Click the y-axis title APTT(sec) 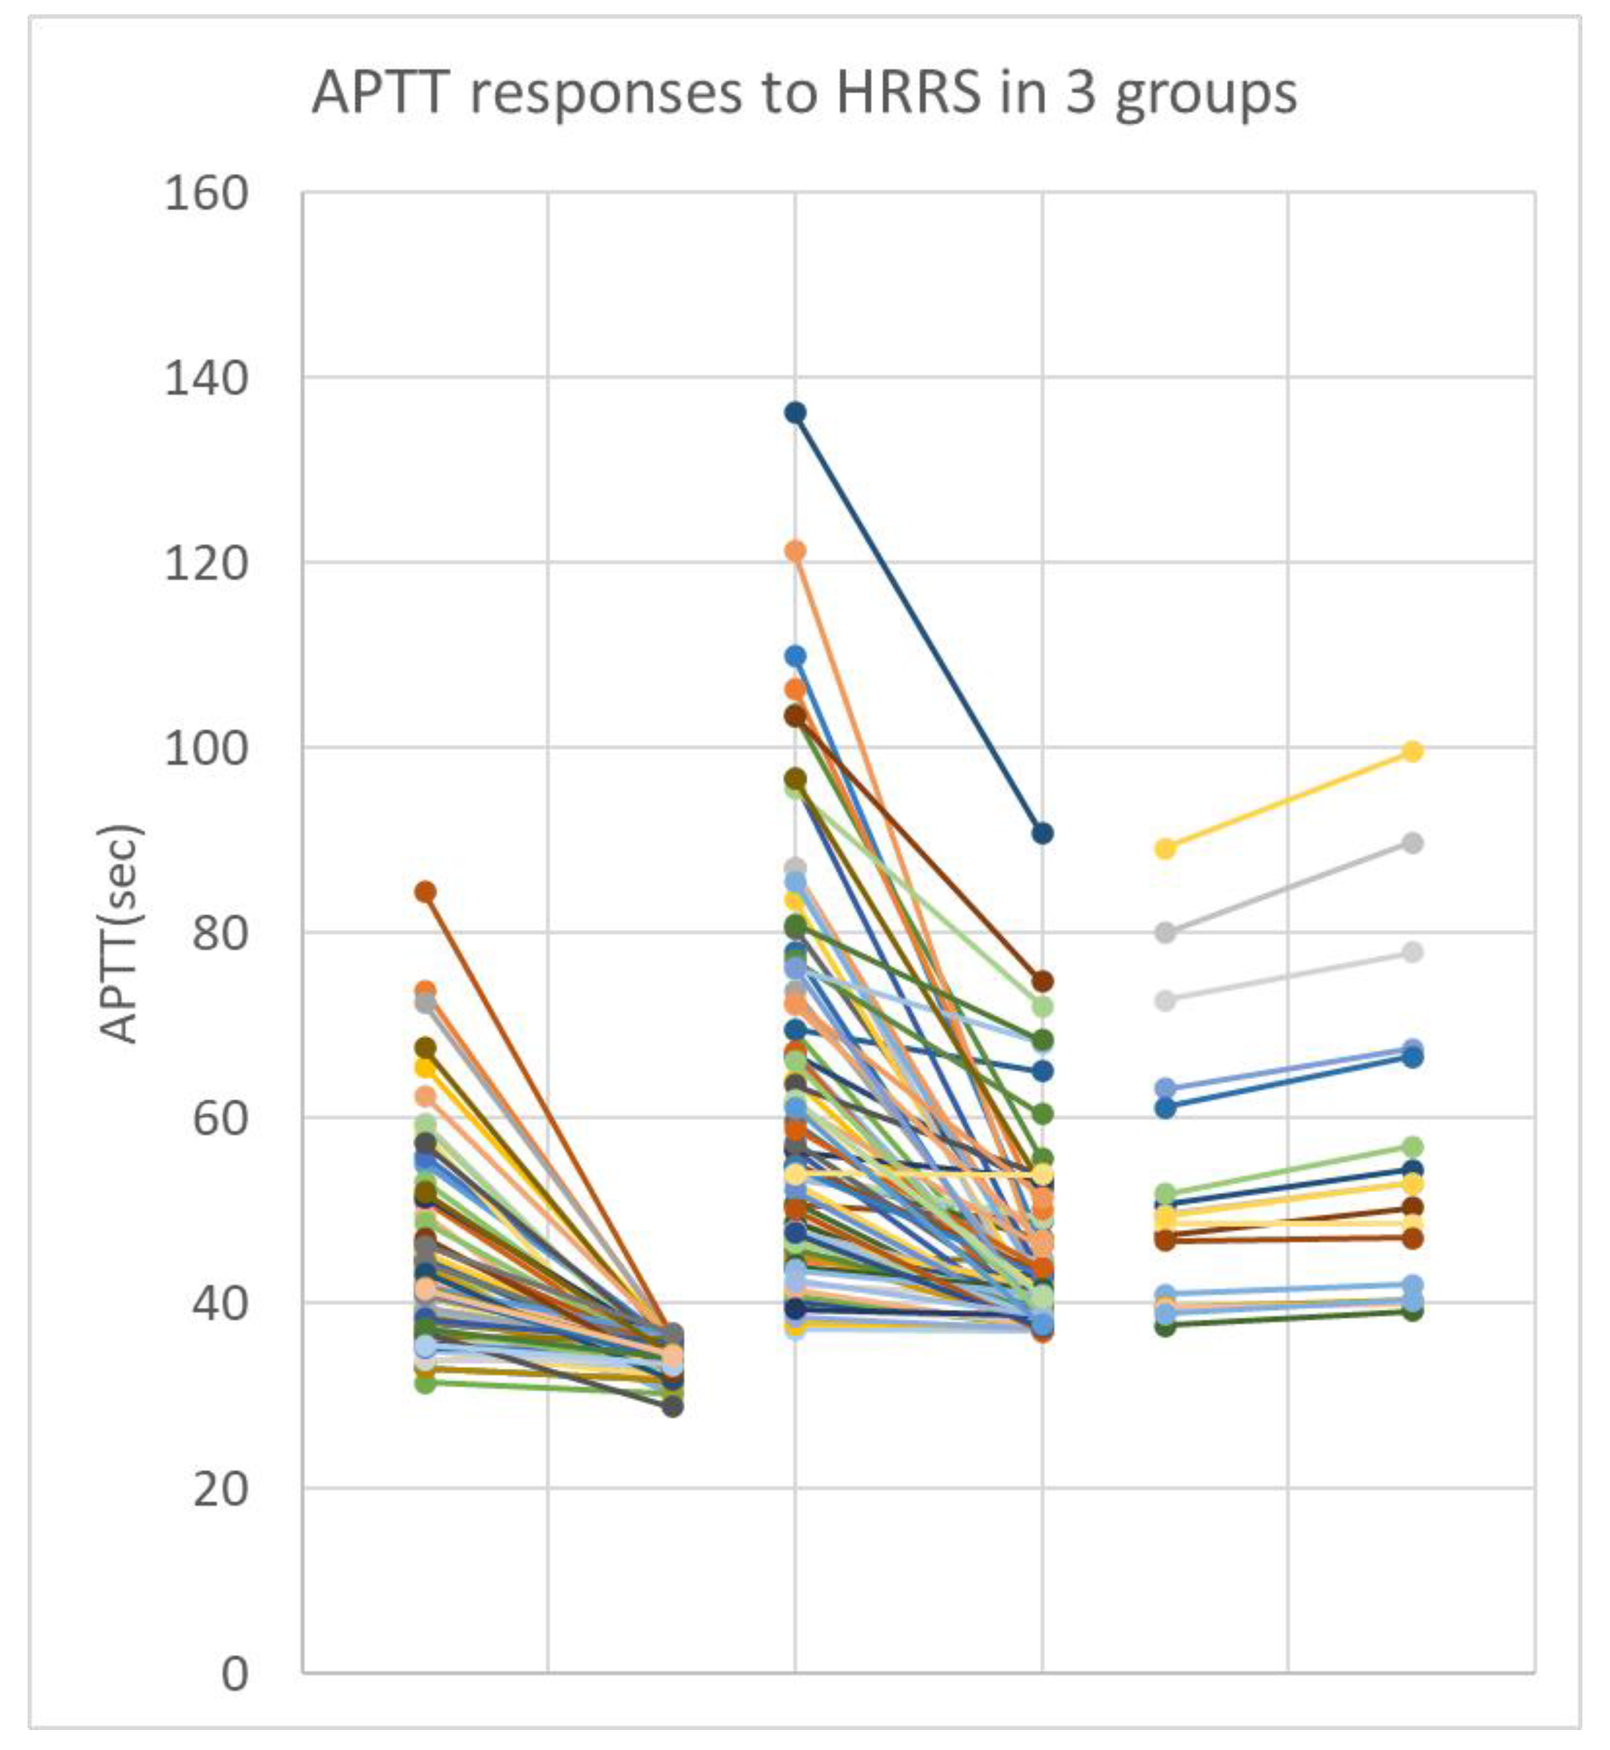120,934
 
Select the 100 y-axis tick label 206,748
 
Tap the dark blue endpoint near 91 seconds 1042,834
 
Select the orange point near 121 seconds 795,551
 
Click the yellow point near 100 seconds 1412,751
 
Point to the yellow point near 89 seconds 1165,849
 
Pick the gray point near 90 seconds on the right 1412,843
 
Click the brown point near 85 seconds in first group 425,892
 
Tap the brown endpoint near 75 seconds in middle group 1042,981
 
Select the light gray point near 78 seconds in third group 1412,952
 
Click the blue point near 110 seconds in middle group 795,655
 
